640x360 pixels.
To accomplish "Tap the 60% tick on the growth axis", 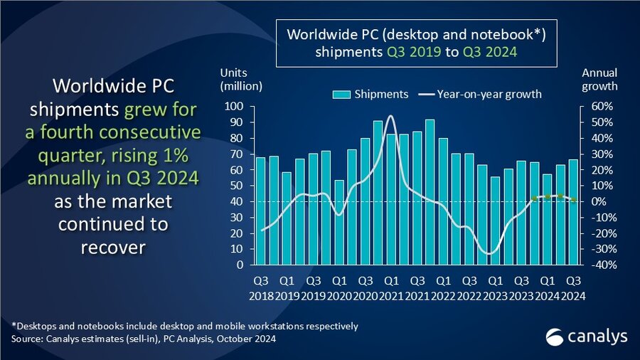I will (595, 107).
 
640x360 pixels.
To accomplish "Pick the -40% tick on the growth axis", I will (594, 265).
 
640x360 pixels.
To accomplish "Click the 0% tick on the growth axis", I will (597, 201).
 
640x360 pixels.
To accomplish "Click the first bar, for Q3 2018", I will (260, 211).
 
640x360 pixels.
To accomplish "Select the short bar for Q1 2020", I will (338, 222).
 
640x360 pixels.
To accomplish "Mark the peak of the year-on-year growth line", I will (390, 116).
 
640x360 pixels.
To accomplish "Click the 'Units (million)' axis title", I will (241, 80).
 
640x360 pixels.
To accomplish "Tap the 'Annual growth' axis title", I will (599, 80).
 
